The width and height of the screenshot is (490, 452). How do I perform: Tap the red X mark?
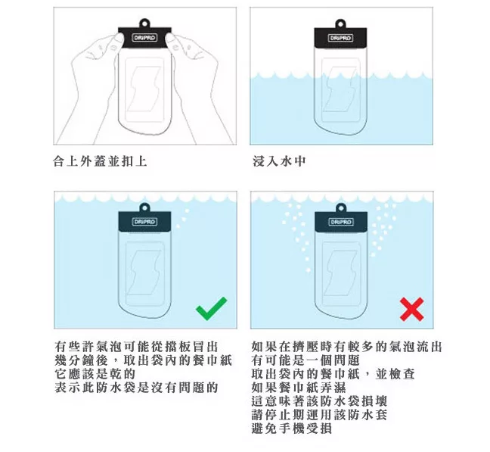412,310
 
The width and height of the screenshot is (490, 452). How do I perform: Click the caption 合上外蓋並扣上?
100,161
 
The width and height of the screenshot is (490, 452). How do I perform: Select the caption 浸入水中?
279,161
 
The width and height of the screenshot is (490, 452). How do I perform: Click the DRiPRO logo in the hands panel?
144,38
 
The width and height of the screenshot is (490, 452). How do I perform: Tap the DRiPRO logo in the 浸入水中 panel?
340,38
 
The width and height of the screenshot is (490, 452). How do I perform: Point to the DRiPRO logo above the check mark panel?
144,222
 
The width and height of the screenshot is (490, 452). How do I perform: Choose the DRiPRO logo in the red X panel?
340,222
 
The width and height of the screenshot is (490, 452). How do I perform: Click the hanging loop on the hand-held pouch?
144,23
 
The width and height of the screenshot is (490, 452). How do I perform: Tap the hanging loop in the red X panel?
340,207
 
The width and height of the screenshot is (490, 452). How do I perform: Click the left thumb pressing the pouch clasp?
118,40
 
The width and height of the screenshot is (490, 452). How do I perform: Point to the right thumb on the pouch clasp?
172,39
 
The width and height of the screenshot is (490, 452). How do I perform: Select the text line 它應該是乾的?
95,374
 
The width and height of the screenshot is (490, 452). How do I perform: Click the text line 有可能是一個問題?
305,360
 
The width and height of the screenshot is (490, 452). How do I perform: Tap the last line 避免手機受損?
292,429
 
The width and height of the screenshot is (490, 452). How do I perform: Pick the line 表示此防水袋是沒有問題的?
136,388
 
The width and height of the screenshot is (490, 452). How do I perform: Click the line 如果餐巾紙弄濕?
299,388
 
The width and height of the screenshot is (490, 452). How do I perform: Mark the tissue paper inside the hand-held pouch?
144,89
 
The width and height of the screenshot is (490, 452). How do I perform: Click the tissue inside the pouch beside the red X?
340,273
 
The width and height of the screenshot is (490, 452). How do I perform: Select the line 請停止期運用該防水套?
319,415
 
